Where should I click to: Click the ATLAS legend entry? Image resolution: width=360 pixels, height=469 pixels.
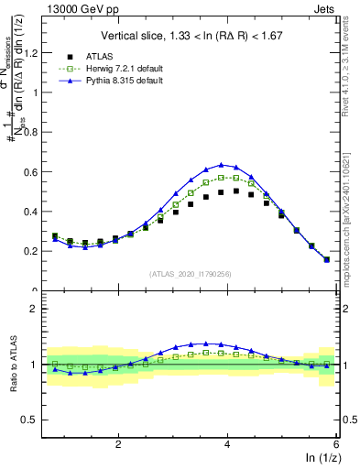93,56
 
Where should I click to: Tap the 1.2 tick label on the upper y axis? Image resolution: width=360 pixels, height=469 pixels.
36,52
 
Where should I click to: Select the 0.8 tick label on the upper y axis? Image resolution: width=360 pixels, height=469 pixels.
36,132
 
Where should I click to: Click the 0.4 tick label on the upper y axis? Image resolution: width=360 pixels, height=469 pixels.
36,212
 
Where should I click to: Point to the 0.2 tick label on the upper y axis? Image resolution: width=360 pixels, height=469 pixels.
36,251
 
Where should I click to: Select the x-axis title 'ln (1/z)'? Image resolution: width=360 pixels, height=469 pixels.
321,458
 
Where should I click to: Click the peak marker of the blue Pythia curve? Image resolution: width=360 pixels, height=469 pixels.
221,165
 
